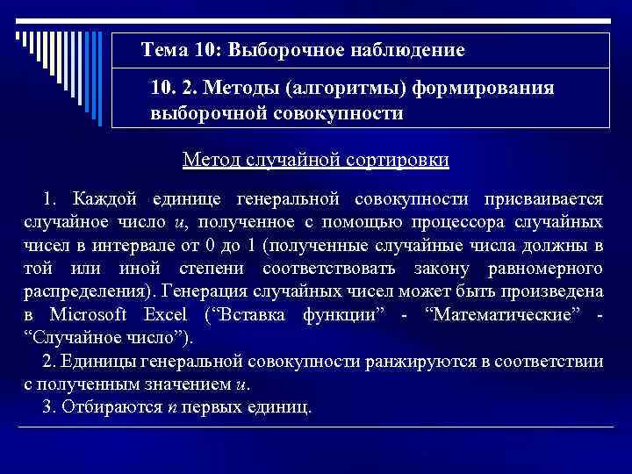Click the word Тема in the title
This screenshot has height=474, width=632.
(164, 50)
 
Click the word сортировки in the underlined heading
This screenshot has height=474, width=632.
(396, 160)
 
